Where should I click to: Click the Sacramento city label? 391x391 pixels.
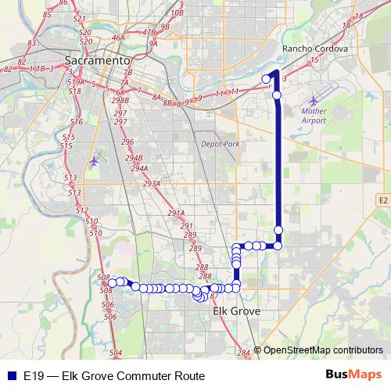click(x=97, y=60)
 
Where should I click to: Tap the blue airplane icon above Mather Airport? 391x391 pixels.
click(x=314, y=101)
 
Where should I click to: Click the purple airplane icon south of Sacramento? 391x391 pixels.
click(x=95, y=161)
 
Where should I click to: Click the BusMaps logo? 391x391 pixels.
click(x=353, y=375)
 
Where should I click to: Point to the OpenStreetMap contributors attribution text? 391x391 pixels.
click(x=323, y=350)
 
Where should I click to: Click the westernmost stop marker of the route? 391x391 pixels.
click(x=113, y=282)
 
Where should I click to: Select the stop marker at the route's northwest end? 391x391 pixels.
click(x=266, y=78)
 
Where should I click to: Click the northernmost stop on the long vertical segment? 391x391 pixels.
click(x=277, y=95)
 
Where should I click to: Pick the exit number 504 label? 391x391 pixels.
click(x=116, y=353)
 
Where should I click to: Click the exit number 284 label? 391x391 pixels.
click(x=243, y=353)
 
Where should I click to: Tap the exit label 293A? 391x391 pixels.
click(x=152, y=183)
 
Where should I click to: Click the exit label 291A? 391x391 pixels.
click(x=175, y=213)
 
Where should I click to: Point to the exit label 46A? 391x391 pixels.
click(x=118, y=37)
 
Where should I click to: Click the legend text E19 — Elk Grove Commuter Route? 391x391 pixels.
click(x=114, y=375)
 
